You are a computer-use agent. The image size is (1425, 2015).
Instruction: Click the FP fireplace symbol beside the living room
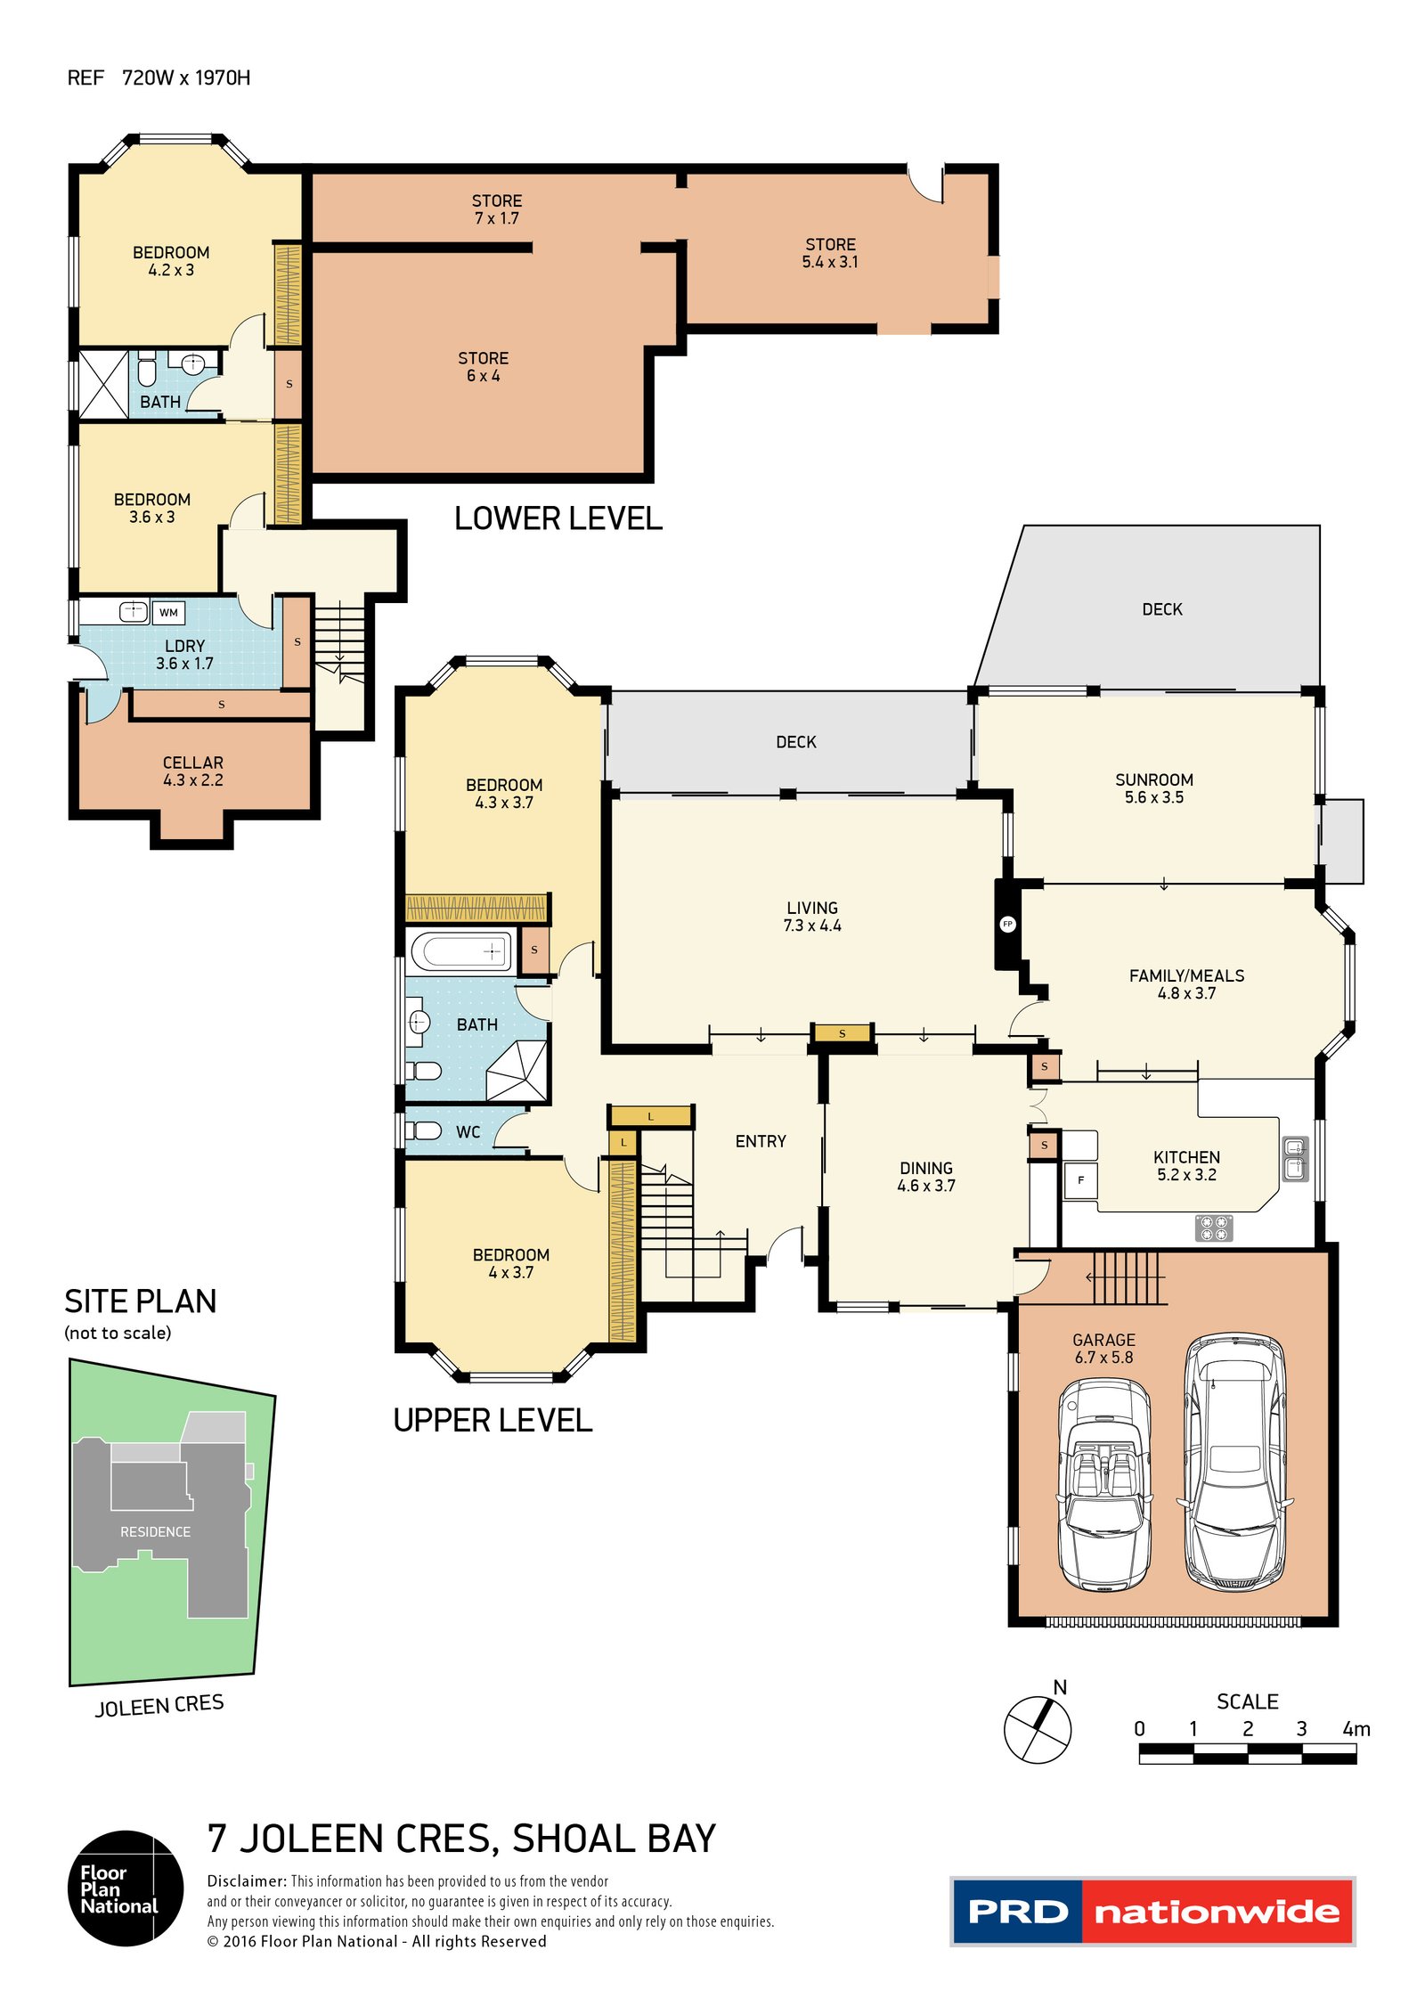click(x=1007, y=924)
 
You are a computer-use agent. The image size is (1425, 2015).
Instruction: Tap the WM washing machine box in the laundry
click(x=168, y=612)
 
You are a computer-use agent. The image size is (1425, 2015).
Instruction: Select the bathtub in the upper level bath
click(x=460, y=950)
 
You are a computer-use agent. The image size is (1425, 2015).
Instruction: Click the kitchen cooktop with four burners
click(x=1213, y=1228)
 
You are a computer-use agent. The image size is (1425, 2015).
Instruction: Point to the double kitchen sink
click(x=1295, y=1159)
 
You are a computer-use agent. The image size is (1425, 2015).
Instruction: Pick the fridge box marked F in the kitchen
click(x=1081, y=1180)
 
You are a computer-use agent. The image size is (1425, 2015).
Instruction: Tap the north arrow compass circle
click(x=1038, y=1729)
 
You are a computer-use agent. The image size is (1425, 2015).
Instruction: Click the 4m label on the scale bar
click(x=1356, y=1729)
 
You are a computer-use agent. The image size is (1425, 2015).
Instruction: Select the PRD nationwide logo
click(x=1152, y=1912)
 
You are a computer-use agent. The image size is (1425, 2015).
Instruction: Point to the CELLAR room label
click(x=193, y=763)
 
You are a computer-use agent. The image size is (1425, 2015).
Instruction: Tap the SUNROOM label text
click(x=1154, y=779)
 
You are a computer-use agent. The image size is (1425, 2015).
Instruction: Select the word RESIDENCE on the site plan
click(x=156, y=1531)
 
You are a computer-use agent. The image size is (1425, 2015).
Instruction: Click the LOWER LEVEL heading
click(x=558, y=518)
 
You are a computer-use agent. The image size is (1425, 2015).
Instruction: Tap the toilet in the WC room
click(x=423, y=1130)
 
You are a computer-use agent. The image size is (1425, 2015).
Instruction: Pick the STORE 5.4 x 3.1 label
click(x=830, y=253)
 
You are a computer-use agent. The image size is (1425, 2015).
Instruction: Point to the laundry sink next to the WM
click(x=134, y=611)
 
